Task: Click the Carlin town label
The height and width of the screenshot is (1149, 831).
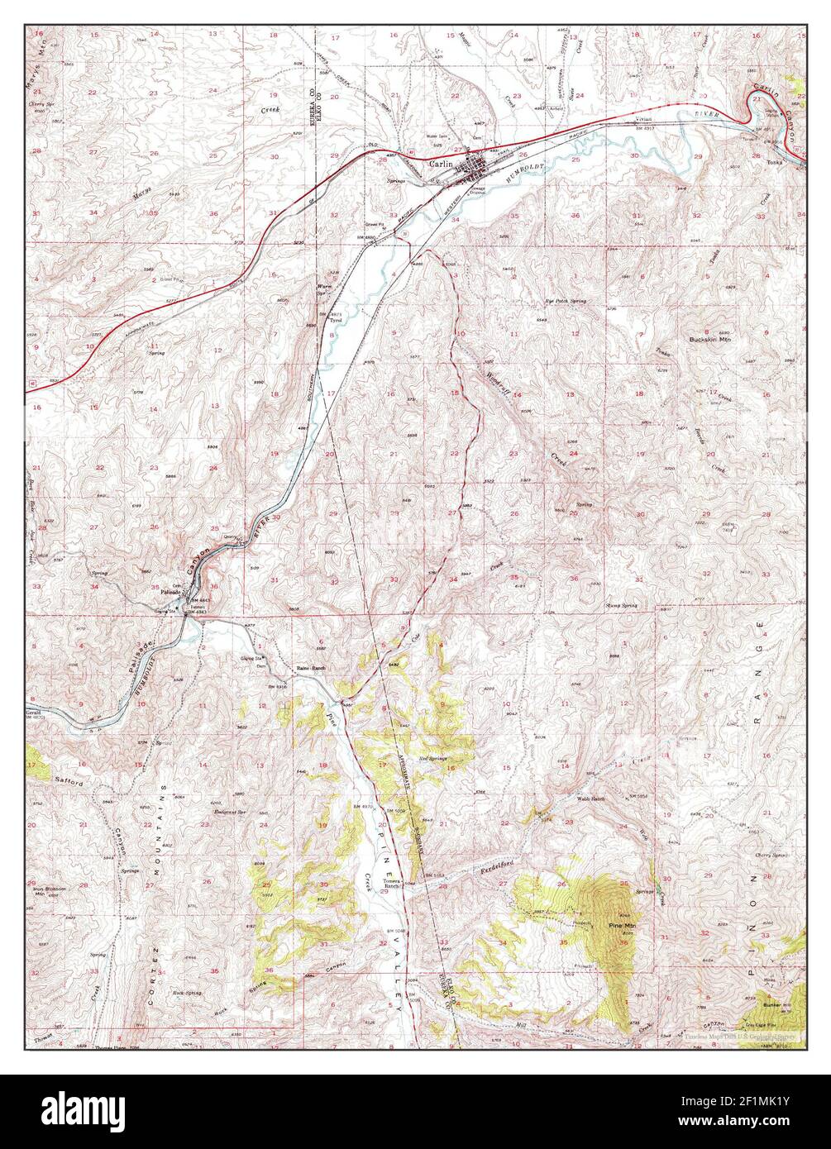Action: coord(441,164)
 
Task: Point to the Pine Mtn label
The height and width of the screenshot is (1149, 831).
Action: coord(620,925)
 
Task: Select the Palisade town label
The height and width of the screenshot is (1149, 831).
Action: coord(170,593)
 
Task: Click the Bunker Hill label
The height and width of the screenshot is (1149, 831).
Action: coord(776,1005)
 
